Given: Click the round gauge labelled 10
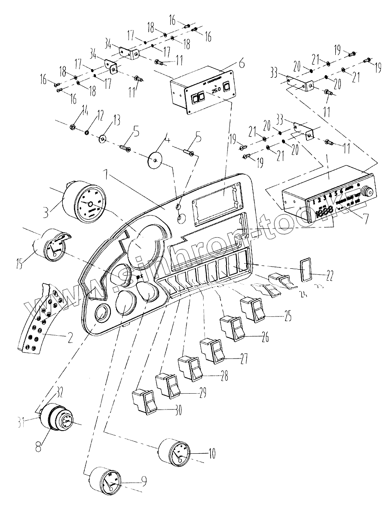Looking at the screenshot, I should coord(174,452).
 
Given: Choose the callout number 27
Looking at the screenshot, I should coord(244,359).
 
